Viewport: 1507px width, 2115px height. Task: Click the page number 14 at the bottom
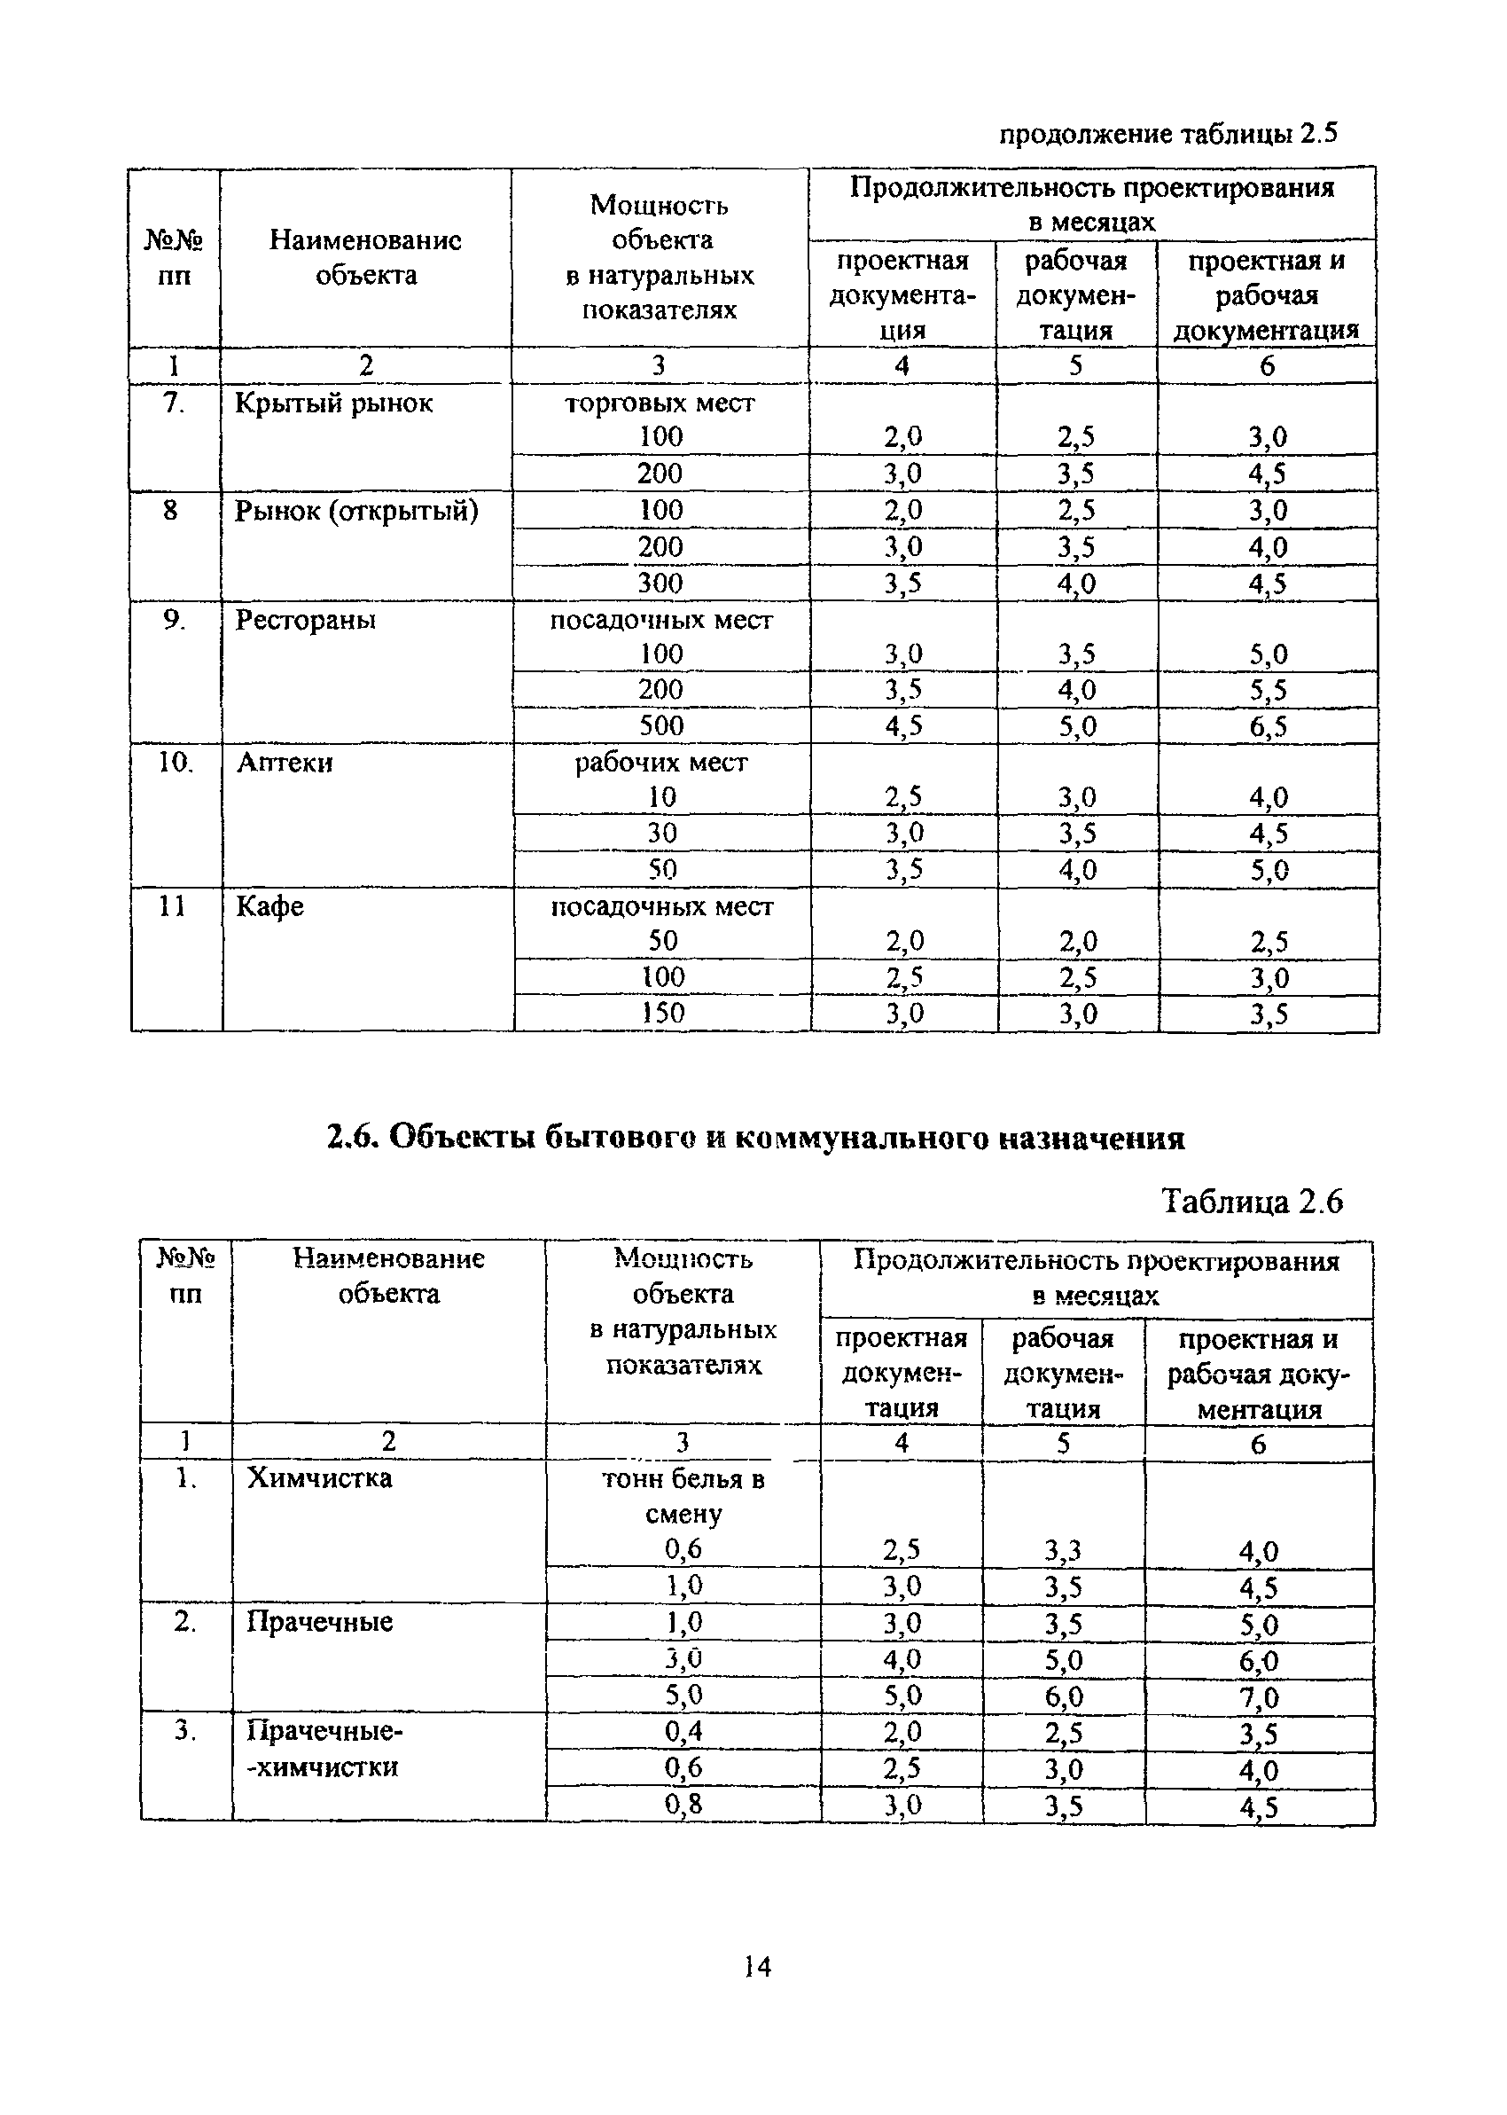757,1967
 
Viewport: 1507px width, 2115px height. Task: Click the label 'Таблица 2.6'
1251,1202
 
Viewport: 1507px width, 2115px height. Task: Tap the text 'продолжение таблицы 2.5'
1168,135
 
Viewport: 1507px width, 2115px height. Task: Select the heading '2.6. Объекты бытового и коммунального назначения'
756,1137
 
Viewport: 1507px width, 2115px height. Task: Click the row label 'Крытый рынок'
333,403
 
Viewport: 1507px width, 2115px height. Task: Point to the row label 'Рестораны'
305,619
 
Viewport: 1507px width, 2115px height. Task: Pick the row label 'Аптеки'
285,762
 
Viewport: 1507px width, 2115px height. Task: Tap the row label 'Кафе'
270,905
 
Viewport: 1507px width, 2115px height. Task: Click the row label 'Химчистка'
319,1477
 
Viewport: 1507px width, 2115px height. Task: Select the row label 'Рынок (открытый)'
356,511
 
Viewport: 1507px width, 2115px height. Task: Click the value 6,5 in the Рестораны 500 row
1268,725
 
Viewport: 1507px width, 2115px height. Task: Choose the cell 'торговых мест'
660,403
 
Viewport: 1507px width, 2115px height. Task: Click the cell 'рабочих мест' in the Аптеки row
660,762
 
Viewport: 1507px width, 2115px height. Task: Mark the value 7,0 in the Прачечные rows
1258,1697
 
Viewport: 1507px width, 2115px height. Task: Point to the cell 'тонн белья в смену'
683,1495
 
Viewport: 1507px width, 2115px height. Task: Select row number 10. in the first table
174,762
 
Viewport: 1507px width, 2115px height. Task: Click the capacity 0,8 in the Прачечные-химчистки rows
683,1803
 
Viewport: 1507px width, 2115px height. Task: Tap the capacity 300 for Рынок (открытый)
660,583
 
